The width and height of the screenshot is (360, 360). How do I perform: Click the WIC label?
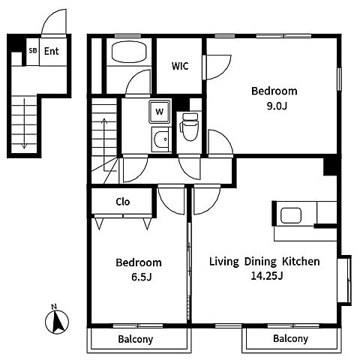180,66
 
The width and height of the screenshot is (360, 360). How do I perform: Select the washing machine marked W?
160,112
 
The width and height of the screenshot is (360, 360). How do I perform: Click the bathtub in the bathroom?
129,52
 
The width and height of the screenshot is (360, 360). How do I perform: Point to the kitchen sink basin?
291,215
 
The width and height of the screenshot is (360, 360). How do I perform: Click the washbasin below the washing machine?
160,139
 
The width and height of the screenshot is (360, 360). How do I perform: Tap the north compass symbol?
57,320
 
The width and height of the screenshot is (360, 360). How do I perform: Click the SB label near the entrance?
33,50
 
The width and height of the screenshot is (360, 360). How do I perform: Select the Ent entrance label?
51,51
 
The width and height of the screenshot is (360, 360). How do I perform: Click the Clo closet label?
123,202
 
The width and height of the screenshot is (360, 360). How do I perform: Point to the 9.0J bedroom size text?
277,106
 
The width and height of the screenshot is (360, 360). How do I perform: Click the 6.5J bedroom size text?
142,277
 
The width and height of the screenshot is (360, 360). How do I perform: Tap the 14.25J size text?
267,276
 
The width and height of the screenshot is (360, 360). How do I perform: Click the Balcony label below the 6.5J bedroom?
136,339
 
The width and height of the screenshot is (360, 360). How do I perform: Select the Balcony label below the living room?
290,338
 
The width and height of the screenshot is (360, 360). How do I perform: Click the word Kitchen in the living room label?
301,262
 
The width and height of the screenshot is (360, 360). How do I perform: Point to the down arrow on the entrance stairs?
24,123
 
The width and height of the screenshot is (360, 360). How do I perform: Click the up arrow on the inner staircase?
104,145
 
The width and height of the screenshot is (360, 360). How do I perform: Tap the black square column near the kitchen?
330,166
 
